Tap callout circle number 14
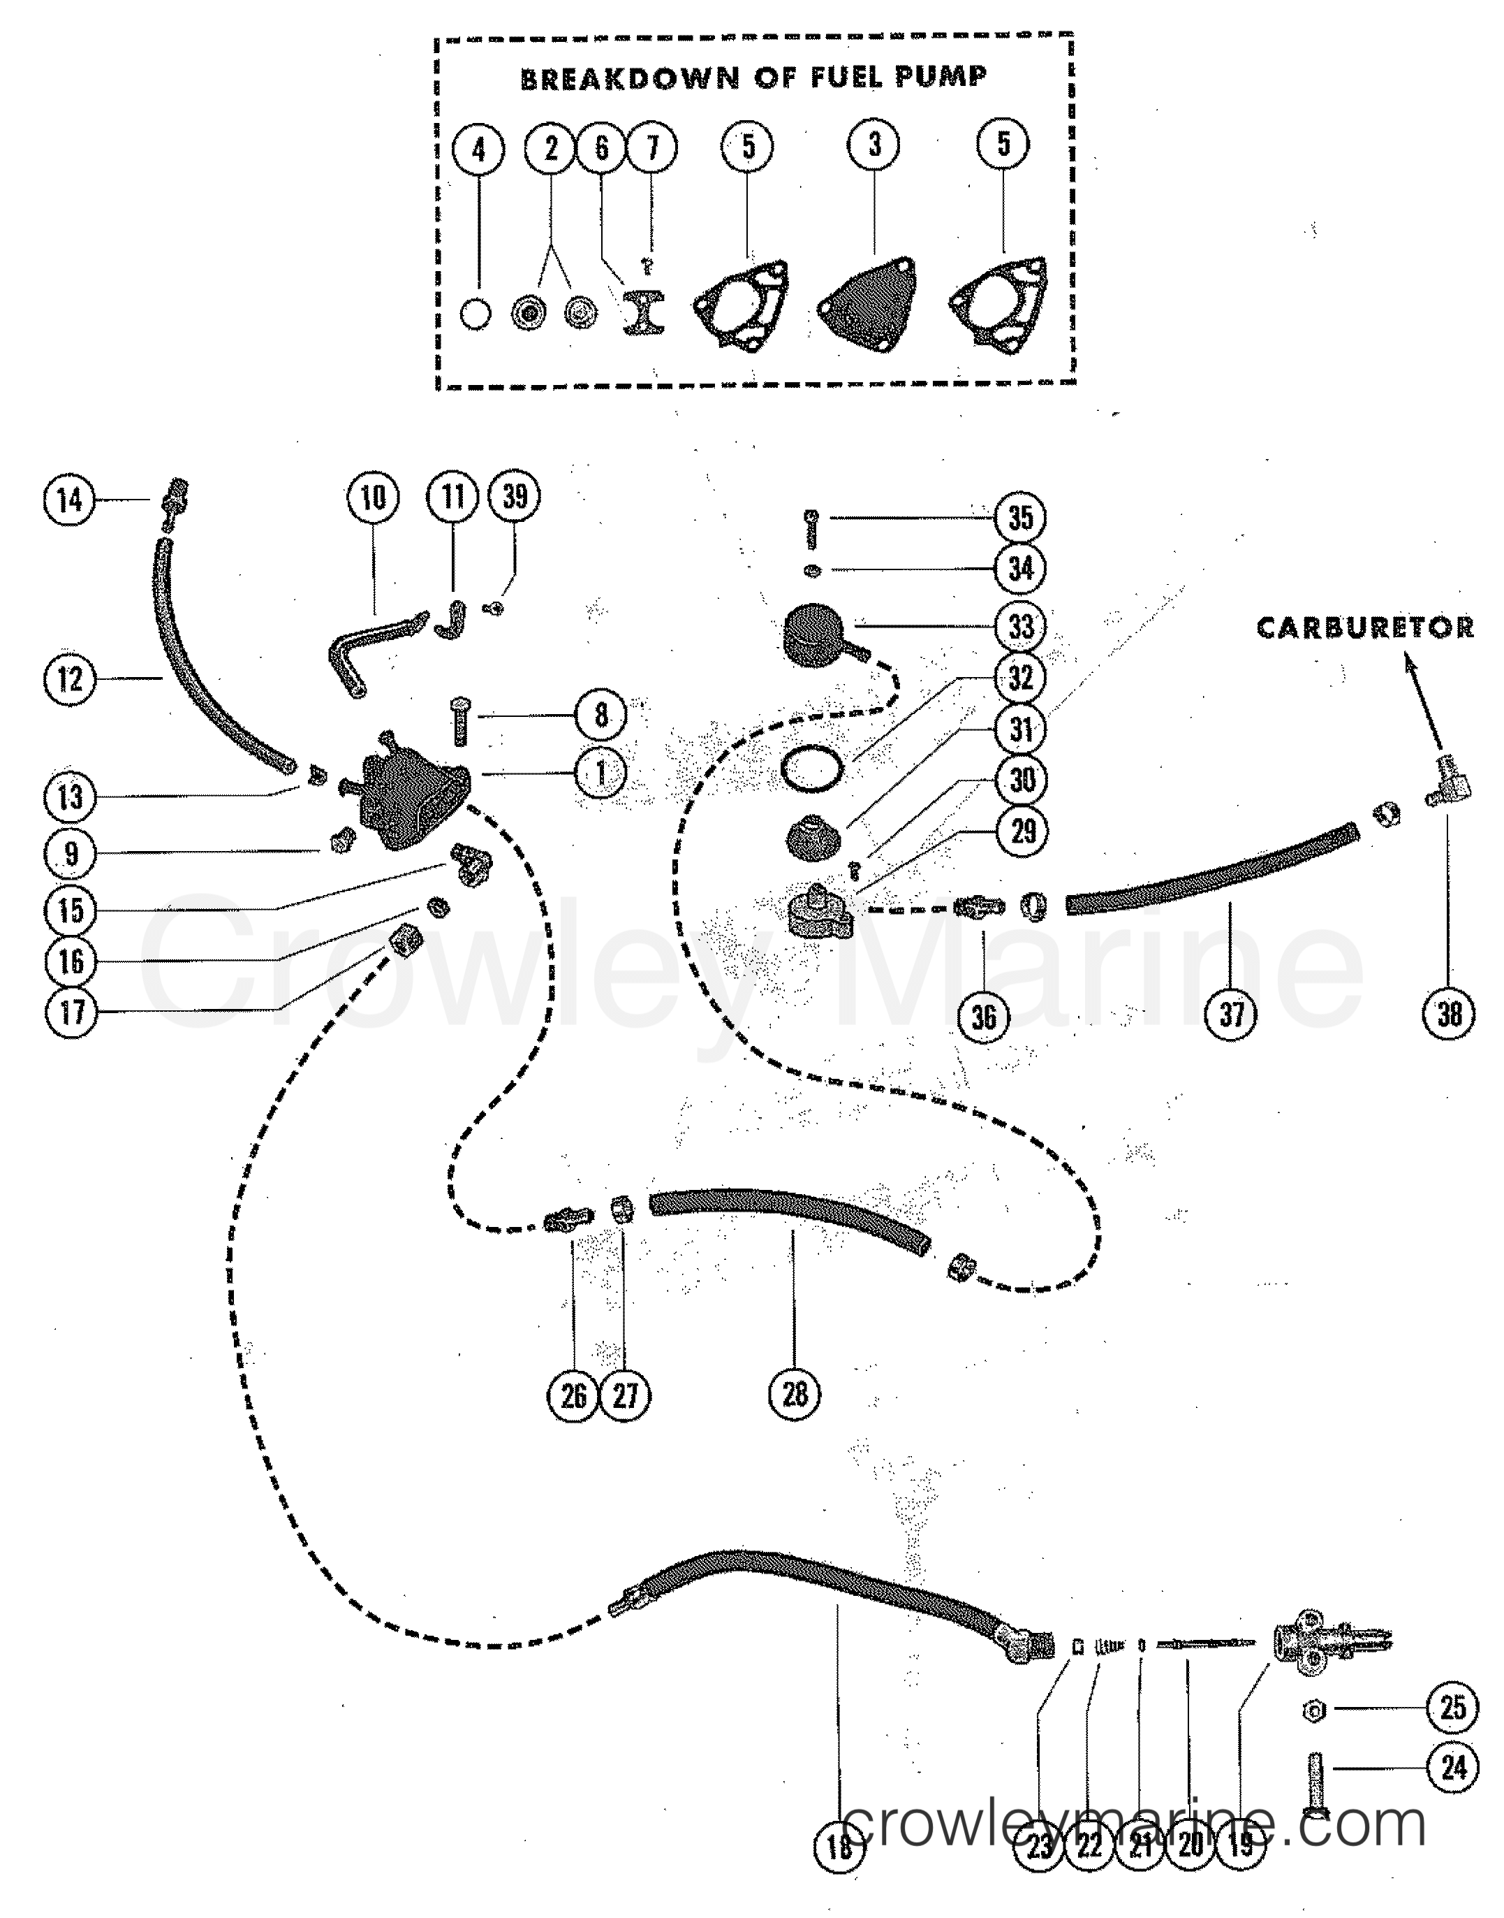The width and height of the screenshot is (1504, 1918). [x=70, y=500]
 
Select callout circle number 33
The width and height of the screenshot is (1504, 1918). [x=1021, y=627]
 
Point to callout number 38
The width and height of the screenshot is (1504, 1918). [x=1450, y=1014]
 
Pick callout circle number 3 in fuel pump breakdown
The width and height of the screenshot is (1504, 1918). [x=873, y=145]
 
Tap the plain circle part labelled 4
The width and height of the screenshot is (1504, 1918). [x=475, y=314]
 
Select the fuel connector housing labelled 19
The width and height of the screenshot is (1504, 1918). [x=1299, y=1644]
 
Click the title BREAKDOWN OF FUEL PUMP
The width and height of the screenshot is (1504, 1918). [x=754, y=78]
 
